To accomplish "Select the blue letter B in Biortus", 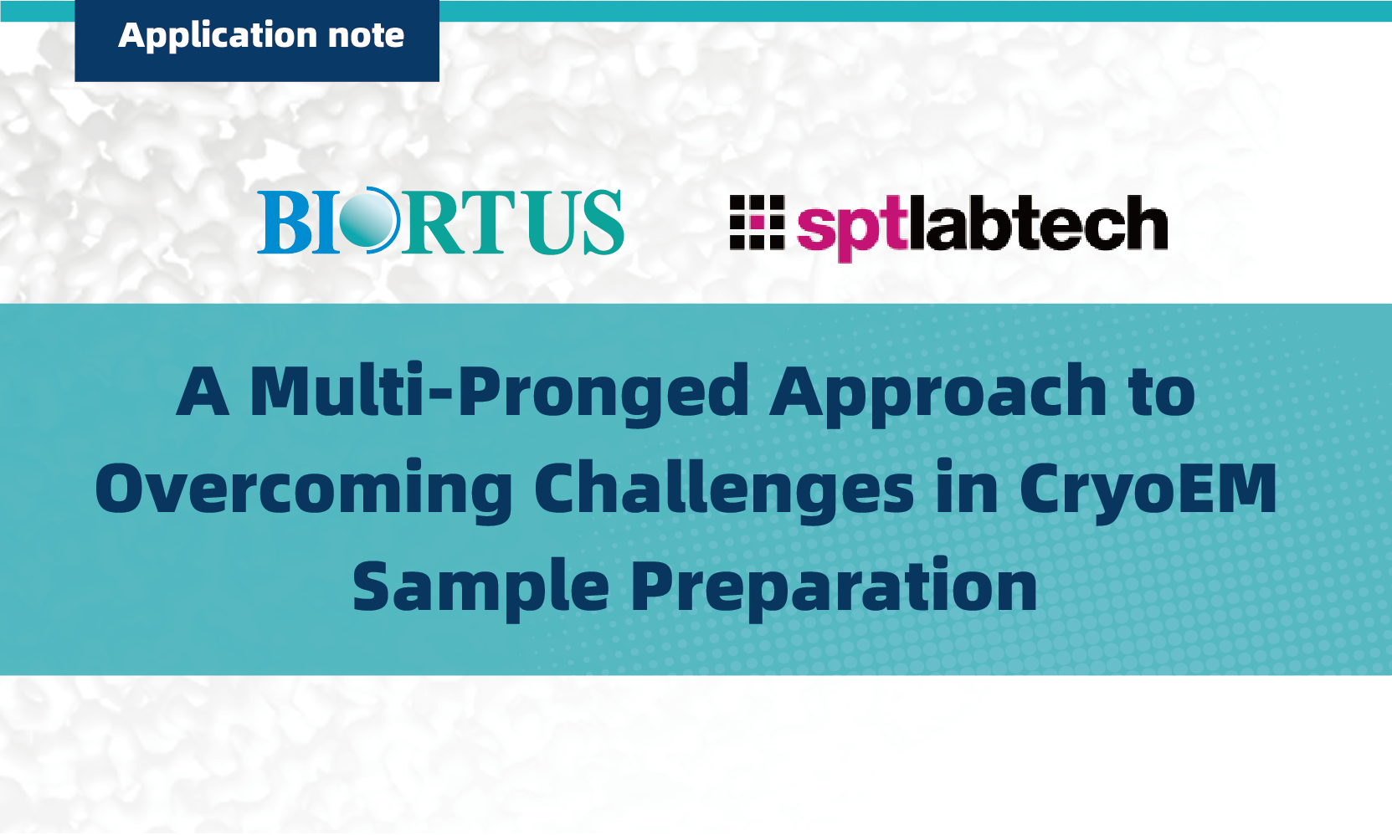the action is click(x=284, y=222).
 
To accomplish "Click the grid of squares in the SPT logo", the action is click(x=757, y=223).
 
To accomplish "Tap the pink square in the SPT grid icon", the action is click(x=757, y=223).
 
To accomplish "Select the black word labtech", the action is click(x=1039, y=222).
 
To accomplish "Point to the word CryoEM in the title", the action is click(x=1148, y=490).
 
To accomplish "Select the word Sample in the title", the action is click(x=480, y=587).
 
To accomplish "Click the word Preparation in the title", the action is click(x=834, y=587).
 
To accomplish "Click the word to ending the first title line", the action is click(x=1161, y=392).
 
